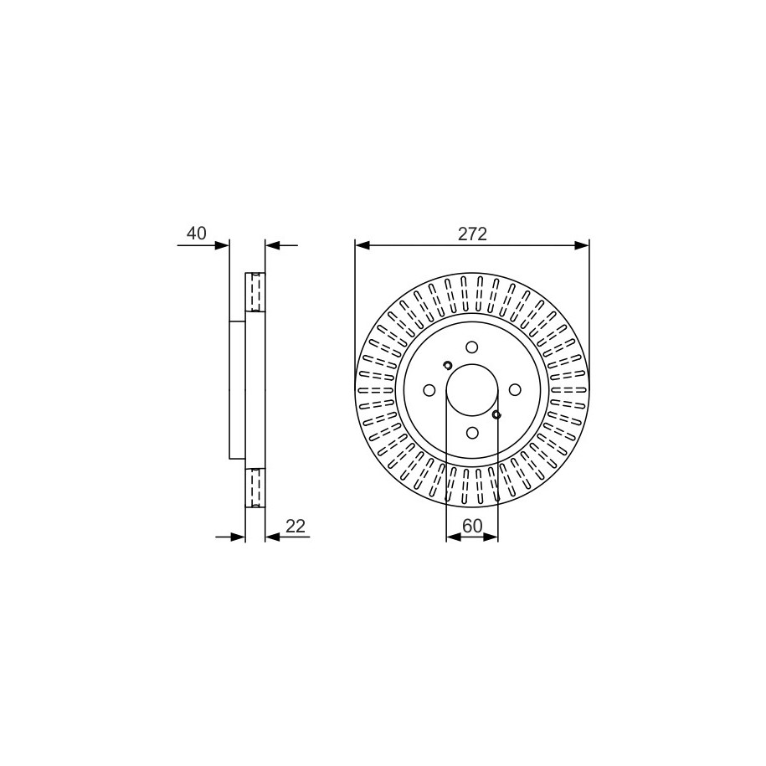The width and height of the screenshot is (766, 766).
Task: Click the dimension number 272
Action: coord(472,234)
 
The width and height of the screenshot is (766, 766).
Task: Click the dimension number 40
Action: coord(197,233)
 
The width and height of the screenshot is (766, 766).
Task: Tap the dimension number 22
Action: coord(295,526)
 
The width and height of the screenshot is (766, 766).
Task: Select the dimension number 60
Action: coord(472,526)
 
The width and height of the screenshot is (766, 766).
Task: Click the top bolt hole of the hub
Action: coord(472,347)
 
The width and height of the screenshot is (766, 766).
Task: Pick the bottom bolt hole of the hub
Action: coord(472,432)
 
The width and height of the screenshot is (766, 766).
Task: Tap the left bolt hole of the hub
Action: coord(429,390)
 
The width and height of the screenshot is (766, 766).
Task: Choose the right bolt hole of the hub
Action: coord(515,390)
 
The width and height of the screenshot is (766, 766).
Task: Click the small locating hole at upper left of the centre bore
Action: coord(447,365)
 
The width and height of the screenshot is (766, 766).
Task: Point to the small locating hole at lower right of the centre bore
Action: coord(496,414)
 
